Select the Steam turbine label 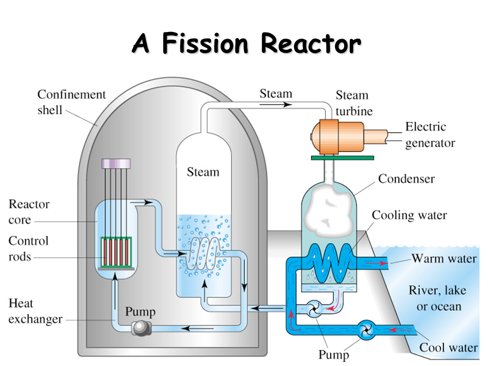[x=354, y=103]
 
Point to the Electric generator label [x=430, y=135]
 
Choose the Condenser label [x=407, y=179]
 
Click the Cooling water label [x=409, y=215]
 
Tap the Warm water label [x=444, y=259]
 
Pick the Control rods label [x=28, y=249]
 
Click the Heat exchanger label [x=35, y=312]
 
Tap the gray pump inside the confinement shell [x=139, y=328]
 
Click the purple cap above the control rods [x=116, y=164]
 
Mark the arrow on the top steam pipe [x=278, y=105]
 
